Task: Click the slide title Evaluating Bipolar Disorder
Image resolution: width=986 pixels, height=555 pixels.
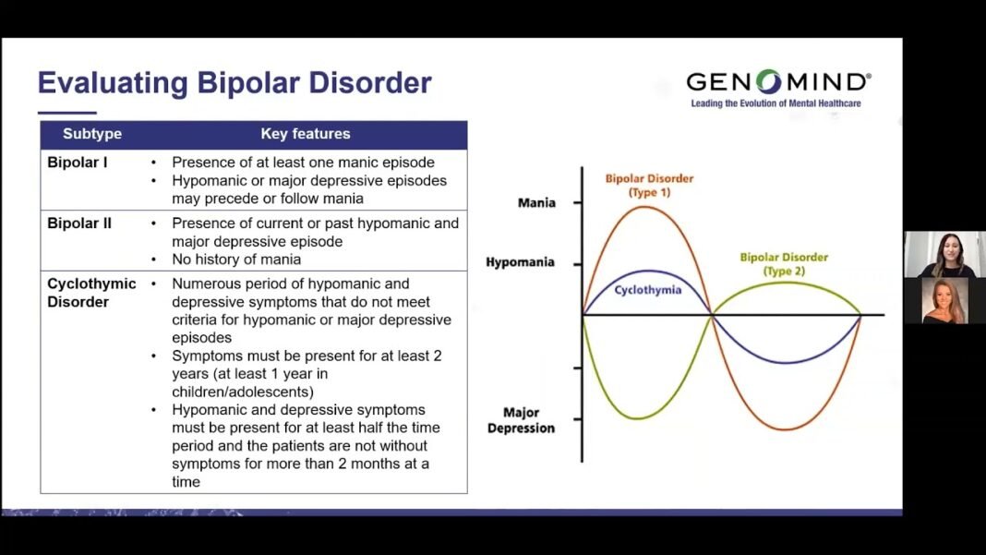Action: pos(234,83)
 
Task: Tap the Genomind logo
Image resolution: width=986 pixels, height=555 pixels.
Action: pos(777,82)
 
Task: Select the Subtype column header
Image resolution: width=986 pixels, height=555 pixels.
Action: pos(92,134)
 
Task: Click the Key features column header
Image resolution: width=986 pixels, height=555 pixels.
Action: pos(306,134)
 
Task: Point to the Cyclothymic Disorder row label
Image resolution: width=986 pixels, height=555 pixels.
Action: pos(91,293)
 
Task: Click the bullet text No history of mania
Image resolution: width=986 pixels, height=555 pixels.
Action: pos(236,259)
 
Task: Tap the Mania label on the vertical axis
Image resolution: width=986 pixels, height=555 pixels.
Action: pos(536,202)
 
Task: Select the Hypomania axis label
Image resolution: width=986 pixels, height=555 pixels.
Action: pos(520,262)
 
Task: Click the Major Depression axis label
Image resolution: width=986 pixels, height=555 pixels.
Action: pos(521,420)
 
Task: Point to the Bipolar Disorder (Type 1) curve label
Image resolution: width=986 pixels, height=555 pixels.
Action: pos(649,185)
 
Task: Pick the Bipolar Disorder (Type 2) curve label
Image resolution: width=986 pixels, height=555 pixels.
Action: pos(784,264)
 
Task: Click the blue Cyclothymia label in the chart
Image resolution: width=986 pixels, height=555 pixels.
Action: pos(648,290)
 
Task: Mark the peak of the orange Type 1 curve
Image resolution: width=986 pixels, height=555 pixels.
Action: pos(645,207)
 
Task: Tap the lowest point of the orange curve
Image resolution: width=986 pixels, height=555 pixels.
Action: pos(786,429)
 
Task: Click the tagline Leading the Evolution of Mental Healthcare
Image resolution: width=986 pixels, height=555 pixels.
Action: pos(776,103)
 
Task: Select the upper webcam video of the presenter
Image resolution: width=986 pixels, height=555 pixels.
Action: pos(944,254)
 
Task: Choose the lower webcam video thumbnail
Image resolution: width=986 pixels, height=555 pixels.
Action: pos(944,301)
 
